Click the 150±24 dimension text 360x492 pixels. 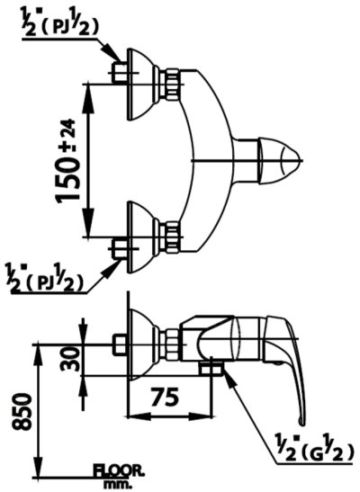tap(67, 161)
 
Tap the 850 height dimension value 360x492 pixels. tap(22, 411)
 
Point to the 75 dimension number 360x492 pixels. tap(165, 397)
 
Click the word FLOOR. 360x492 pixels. tap(119, 470)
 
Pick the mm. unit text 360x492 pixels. tap(118, 483)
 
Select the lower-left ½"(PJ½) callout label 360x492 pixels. tap(45, 278)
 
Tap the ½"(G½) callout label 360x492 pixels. tap(313, 450)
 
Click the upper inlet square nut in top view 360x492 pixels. tap(119, 72)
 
